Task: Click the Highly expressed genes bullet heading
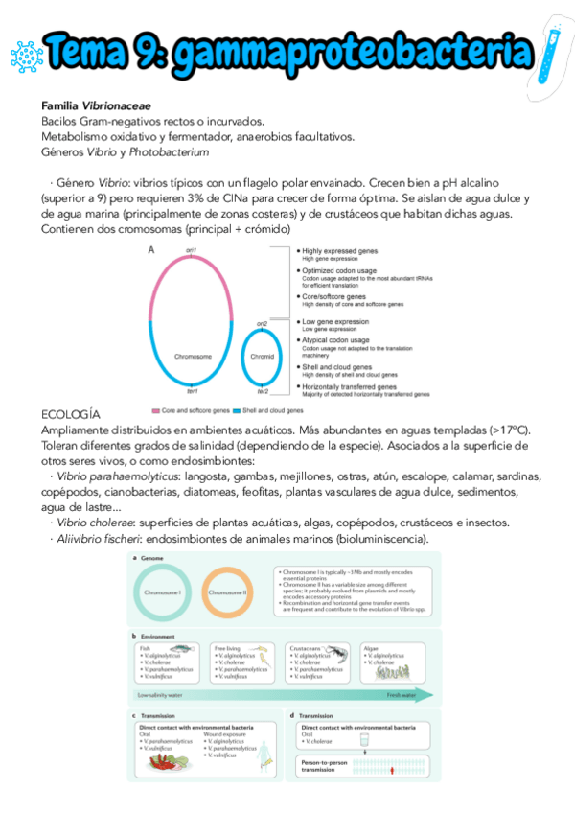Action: pyautogui.click(x=339, y=250)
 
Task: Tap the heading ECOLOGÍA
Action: pyautogui.click(x=71, y=414)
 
